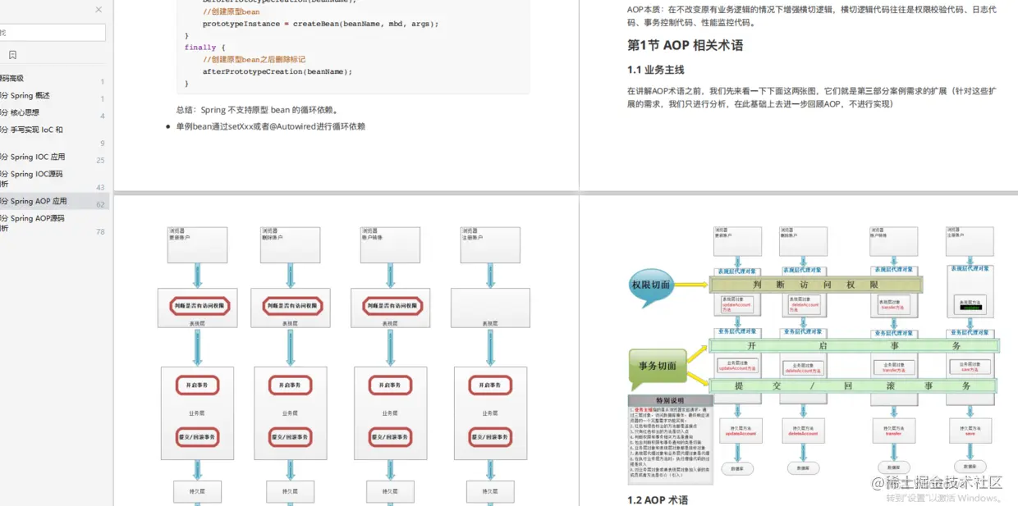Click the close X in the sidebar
[x=99, y=10]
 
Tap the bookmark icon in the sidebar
[x=12, y=55]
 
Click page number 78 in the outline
[x=100, y=232]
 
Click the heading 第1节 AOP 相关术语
[x=685, y=45]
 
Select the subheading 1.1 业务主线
[x=655, y=70]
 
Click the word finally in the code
[x=200, y=48]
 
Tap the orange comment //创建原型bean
[x=231, y=12]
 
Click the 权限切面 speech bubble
[x=650, y=285]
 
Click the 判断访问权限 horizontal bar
[x=816, y=285]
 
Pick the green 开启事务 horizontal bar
[x=854, y=346]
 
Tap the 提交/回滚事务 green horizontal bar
[x=854, y=385]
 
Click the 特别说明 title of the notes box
[x=670, y=401]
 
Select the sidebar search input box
[x=53, y=33]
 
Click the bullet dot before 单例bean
[x=168, y=127]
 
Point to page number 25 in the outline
[x=100, y=161]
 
